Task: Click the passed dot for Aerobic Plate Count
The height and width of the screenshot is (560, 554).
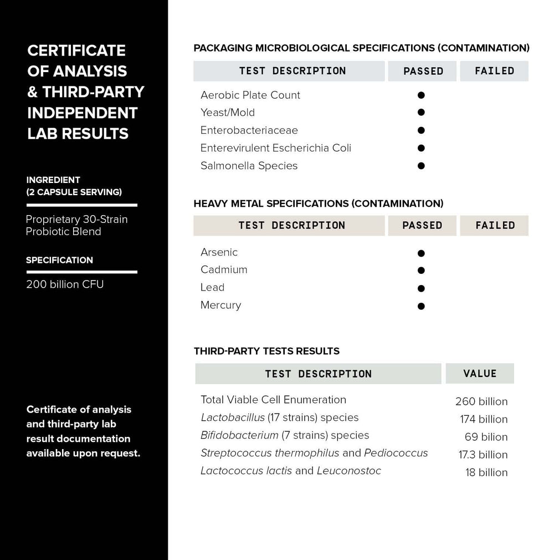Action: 421,95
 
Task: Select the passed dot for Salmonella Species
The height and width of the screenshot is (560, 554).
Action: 421,166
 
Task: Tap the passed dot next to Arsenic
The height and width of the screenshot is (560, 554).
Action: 421,253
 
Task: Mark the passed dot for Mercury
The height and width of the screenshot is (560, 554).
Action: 421,306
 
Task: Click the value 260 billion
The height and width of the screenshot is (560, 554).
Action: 481,401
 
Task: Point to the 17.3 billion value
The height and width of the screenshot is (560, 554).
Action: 483,455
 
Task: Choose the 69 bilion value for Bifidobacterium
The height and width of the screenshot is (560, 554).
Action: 486,437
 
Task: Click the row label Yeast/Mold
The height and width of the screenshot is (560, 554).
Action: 228,113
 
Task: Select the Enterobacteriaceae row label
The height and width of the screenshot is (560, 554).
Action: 249,130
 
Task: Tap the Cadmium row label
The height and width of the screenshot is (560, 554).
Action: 224,269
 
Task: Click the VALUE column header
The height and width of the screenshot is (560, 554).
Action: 480,374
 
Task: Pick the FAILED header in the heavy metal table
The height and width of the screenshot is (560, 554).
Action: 495,226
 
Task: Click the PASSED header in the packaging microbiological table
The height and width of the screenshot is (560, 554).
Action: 423,71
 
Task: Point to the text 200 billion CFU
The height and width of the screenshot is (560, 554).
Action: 65,284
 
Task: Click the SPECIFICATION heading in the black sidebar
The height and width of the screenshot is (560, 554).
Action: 59,260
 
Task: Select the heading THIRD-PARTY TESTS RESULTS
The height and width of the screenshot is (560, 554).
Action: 266,351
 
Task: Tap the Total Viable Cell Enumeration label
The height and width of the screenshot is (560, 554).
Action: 273,400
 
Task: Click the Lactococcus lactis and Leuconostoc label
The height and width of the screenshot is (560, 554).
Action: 291,471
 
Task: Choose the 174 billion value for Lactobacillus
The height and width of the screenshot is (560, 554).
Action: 484,419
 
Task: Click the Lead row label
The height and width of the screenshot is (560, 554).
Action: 213,287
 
